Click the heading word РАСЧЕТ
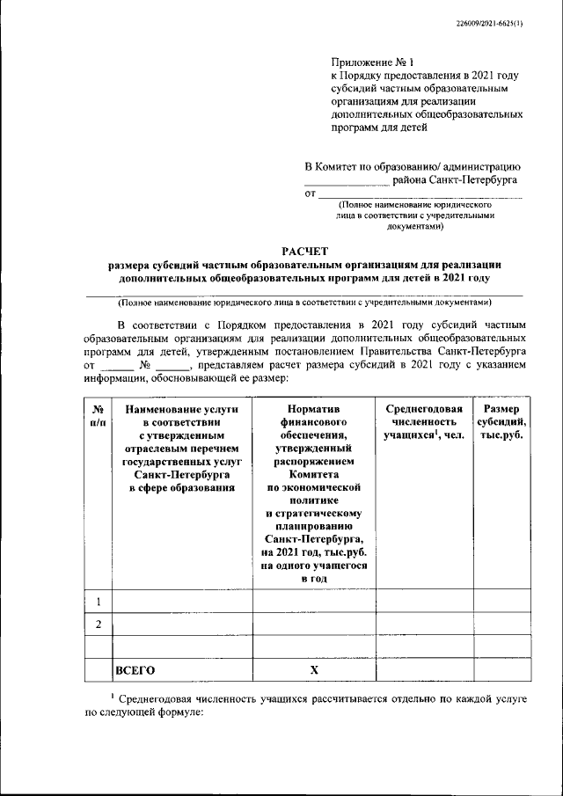(303, 250)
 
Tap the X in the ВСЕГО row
(313, 670)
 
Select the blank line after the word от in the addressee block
(419, 195)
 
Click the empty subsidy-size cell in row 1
(501, 602)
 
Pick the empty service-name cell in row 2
(182, 624)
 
